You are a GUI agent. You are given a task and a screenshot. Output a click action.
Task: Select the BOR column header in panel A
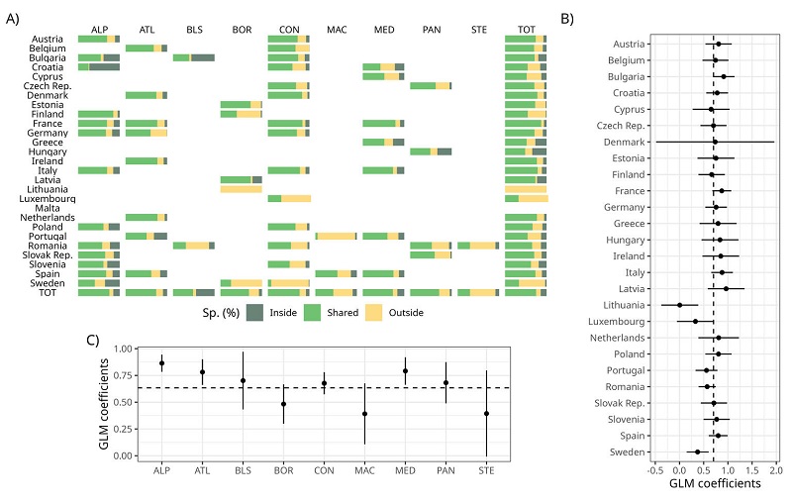(241, 30)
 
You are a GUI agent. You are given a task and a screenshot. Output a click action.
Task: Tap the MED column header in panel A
(383, 30)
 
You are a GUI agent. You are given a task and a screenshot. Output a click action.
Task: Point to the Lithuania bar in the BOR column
(241, 188)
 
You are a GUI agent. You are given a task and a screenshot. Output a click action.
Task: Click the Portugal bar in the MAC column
(336, 236)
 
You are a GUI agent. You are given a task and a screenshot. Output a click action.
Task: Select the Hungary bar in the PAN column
(431, 151)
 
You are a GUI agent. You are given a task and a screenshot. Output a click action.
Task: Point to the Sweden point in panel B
(698, 452)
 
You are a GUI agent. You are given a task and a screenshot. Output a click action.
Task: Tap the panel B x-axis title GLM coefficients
(714, 485)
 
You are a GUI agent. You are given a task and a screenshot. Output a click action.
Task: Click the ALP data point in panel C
(161, 363)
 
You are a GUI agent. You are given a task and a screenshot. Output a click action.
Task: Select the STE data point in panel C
(486, 414)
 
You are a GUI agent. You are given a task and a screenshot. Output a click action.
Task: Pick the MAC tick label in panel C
(364, 468)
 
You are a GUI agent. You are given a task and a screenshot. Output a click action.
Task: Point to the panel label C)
(93, 341)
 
